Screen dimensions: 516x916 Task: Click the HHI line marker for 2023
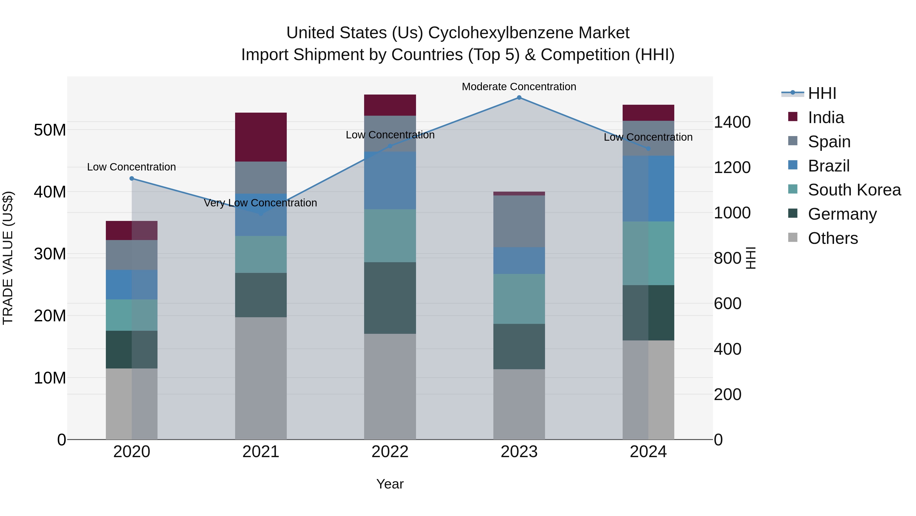click(519, 98)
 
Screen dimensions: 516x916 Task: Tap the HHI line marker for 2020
click(132, 178)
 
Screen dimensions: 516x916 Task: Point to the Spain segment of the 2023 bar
click(519, 221)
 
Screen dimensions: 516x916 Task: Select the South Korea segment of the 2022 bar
click(390, 236)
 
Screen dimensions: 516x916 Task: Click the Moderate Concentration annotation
click(519, 87)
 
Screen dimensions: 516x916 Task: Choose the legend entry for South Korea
click(854, 190)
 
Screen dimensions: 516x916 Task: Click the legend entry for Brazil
click(828, 166)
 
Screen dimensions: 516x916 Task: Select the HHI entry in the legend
click(822, 93)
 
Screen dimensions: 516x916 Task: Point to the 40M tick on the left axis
click(50, 192)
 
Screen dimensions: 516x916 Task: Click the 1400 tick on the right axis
click(732, 122)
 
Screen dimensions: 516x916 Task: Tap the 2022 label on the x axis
click(390, 452)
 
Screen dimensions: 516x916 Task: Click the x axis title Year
click(390, 484)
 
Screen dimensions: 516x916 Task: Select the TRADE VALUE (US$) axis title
click(8, 258)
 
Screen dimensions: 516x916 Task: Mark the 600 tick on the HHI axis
click(727, 304)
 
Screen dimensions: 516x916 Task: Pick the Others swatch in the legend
click(793, 237)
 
